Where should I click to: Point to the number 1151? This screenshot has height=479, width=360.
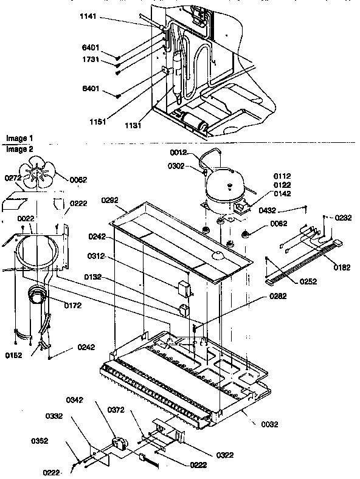pyautogui.click(x=97, y=122)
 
